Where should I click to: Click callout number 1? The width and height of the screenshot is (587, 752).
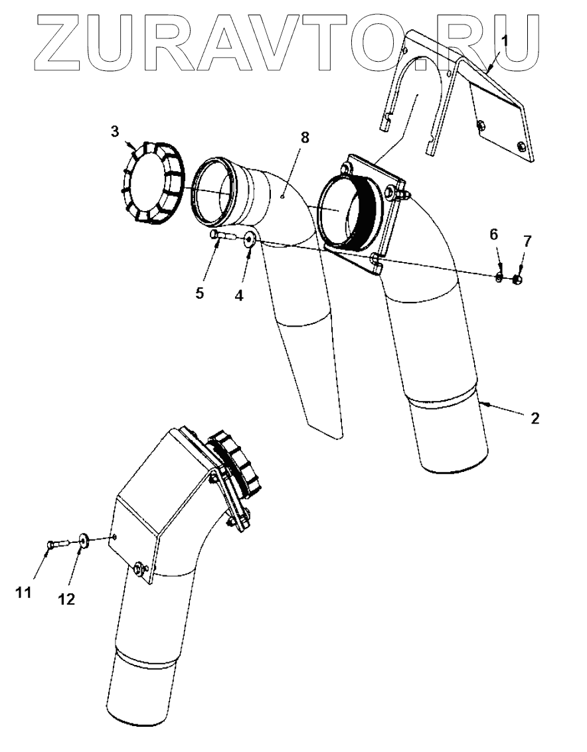[x=505, y=40]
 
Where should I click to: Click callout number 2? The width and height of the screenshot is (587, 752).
[x=535, y=419]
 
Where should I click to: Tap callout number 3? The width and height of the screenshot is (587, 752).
[x=115, y=131]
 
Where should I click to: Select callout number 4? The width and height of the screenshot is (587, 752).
[x=239, y=295]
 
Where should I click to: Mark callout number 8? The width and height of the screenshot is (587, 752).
[x=305, y=138]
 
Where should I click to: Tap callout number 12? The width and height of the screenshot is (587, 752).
[x=66, y=599]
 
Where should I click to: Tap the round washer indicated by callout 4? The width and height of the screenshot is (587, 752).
[x=250, y=240]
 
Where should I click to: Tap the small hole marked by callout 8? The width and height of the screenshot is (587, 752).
[x=282, y=196]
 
